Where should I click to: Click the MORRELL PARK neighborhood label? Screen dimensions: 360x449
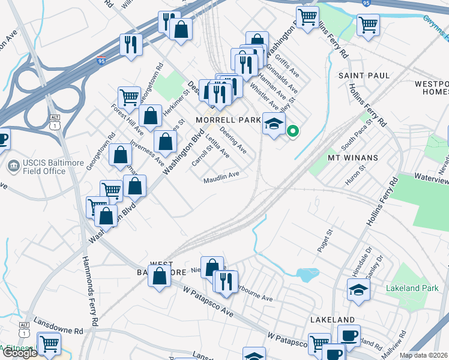pos(228,120)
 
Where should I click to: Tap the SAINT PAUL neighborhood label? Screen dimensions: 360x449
pos(364,76)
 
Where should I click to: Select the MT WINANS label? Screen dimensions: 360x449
pos(353,158)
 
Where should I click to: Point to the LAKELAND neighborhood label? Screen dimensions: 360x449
pos(333,320)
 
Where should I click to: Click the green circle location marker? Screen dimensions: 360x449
pos(293,130)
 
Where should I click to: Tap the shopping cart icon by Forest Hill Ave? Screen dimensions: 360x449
pos(129,97)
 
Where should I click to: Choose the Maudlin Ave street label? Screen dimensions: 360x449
pos(221,175)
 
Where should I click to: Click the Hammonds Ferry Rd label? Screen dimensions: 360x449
pos(89,292)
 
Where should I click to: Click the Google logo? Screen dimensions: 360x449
pos(19,353)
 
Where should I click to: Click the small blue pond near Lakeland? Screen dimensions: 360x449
pos(307,274)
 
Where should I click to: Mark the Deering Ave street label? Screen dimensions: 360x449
pos(232,139)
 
